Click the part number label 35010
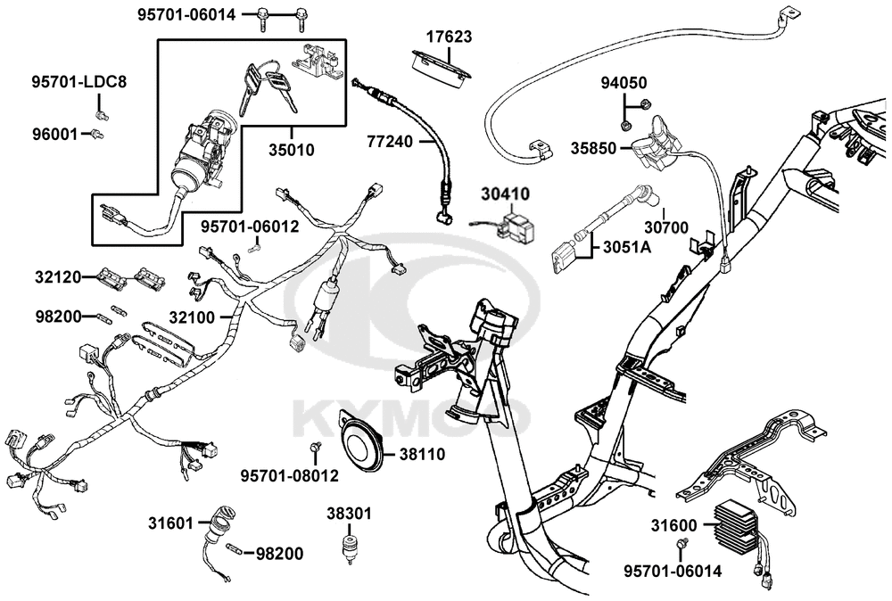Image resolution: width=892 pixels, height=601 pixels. coord(292,150)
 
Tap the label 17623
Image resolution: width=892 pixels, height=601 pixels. coord(449,37)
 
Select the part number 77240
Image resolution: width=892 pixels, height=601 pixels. coord(390,141)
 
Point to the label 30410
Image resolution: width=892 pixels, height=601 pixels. coord(505,193)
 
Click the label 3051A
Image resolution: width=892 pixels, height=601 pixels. coord(627,247)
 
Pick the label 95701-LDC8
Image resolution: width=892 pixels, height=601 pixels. coord(79,82)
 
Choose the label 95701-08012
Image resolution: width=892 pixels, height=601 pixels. coord(290,475)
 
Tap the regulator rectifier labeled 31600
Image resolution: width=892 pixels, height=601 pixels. coord(739,526)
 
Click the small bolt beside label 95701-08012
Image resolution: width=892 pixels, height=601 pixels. coord(314,448)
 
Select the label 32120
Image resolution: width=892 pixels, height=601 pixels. coord(57,277)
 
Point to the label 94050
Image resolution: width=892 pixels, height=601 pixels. coord(624,83)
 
